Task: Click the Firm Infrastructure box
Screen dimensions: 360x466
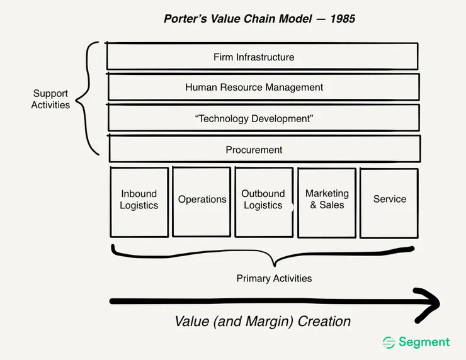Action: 262,57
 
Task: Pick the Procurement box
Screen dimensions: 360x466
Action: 264,150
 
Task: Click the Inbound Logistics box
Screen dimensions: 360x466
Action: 139,201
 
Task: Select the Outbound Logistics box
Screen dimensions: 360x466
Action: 263,201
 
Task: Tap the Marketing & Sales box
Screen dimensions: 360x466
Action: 327,201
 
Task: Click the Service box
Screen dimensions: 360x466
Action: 389,202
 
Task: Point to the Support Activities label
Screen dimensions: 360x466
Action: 51,99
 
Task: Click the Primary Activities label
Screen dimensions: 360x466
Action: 274,278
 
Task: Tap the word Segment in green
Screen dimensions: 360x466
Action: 424,342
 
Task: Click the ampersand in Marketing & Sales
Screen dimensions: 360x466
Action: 314,205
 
